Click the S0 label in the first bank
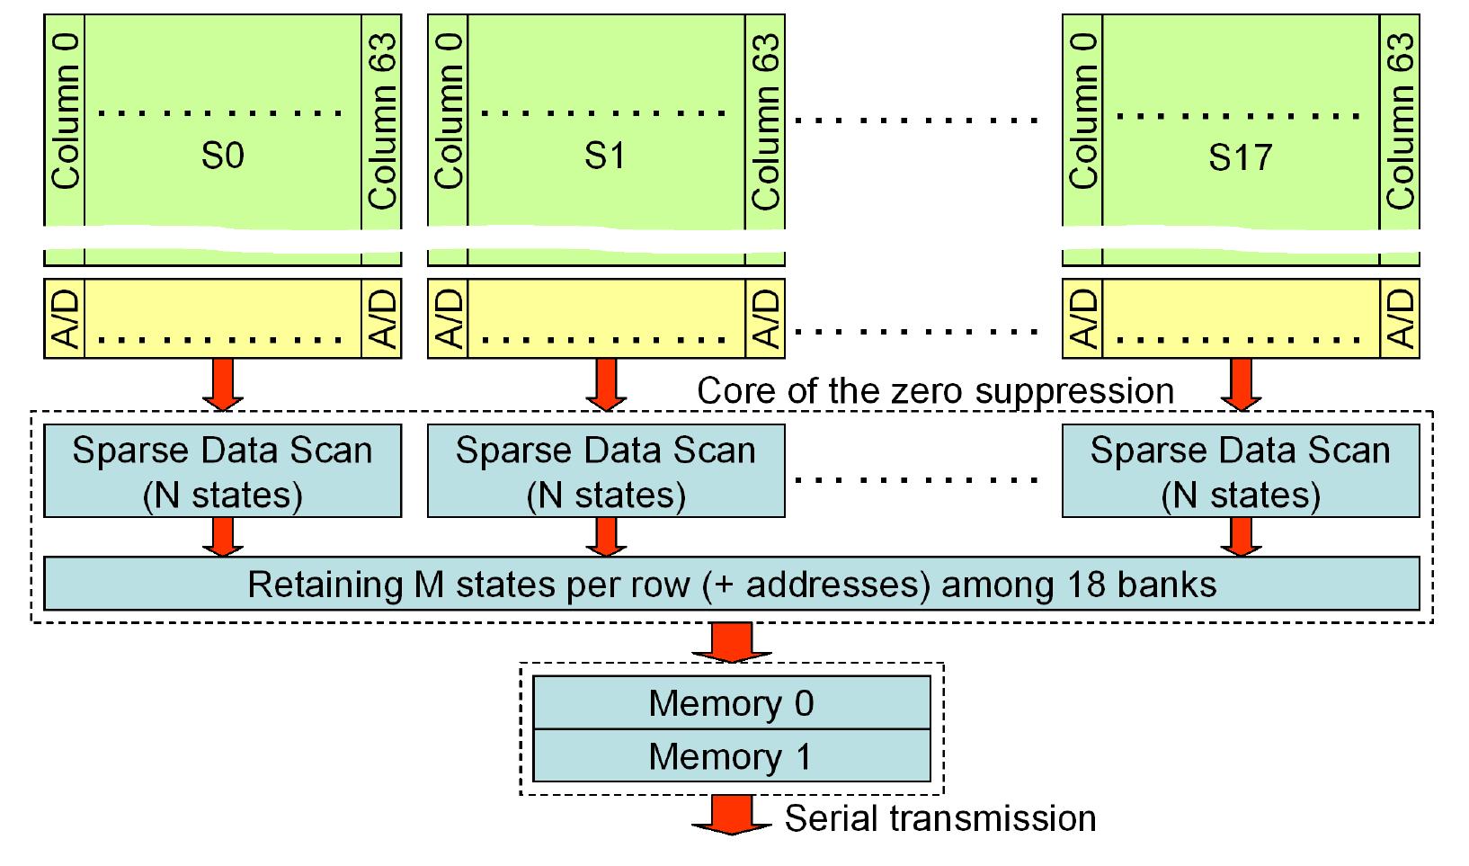(222, 156)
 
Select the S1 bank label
(605, 156)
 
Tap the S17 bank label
(1240, 157)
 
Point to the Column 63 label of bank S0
(382, 121)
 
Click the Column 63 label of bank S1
(765, 121)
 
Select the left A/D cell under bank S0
(65, 319)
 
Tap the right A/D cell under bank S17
(1400, 319)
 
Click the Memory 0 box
(731, 703)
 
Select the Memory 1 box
(731, 756)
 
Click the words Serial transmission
(940, 818)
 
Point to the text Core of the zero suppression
(935, 391)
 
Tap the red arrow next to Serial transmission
(731, 817)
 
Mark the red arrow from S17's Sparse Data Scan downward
(1241, 537)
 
